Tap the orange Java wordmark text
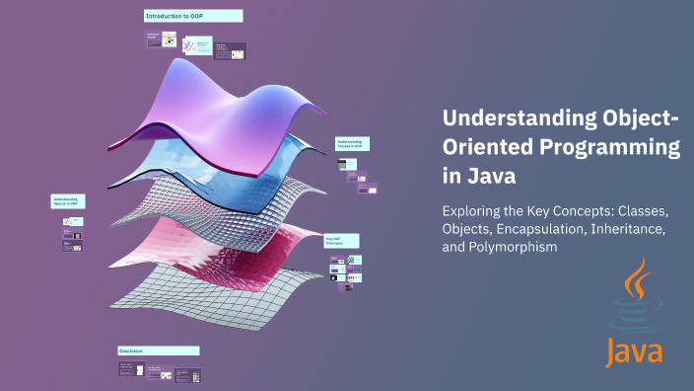634,351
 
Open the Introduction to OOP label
193,17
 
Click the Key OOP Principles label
341,241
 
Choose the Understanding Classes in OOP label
352,144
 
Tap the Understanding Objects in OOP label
67,201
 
